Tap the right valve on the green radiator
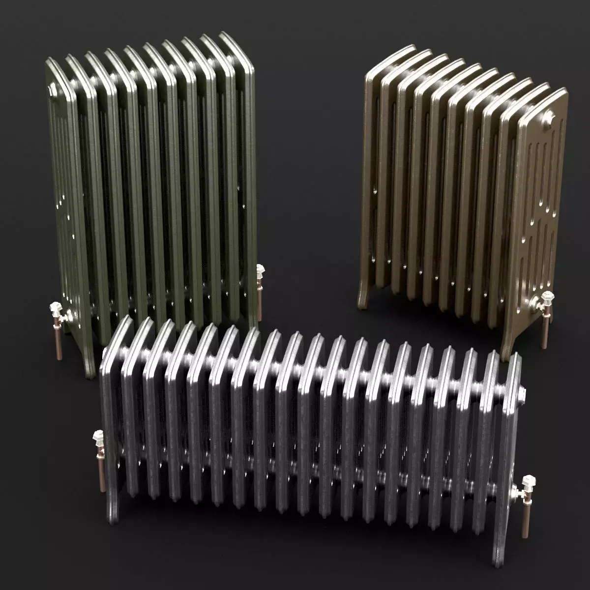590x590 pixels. (x=260, y=271)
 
